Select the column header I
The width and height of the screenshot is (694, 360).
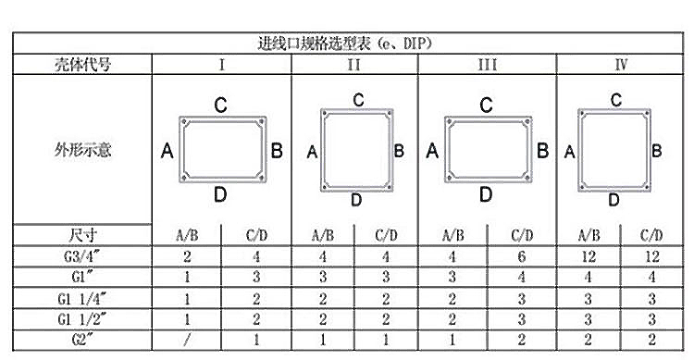221,65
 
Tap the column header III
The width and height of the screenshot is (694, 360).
487,65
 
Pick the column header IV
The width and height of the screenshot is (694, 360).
623,65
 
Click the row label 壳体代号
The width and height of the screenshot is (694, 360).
81,65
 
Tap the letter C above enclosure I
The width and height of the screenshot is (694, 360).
221,106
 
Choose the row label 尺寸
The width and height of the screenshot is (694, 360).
81,235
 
